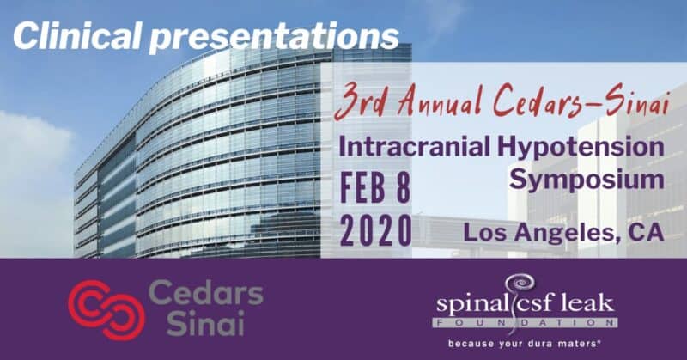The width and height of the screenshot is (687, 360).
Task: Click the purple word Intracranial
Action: point(414,147)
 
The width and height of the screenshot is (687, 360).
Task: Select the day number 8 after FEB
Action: point(402,187)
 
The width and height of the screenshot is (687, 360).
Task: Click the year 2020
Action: point(376,230)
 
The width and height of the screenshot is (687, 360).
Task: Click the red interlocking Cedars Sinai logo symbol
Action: point(106,309)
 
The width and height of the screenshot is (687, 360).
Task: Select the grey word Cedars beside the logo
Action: point(206,292)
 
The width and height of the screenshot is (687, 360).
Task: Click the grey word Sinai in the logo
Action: point(205,324)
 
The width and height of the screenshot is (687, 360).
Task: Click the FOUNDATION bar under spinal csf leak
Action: point(526,323)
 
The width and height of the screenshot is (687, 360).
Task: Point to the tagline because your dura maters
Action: point(524,344)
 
